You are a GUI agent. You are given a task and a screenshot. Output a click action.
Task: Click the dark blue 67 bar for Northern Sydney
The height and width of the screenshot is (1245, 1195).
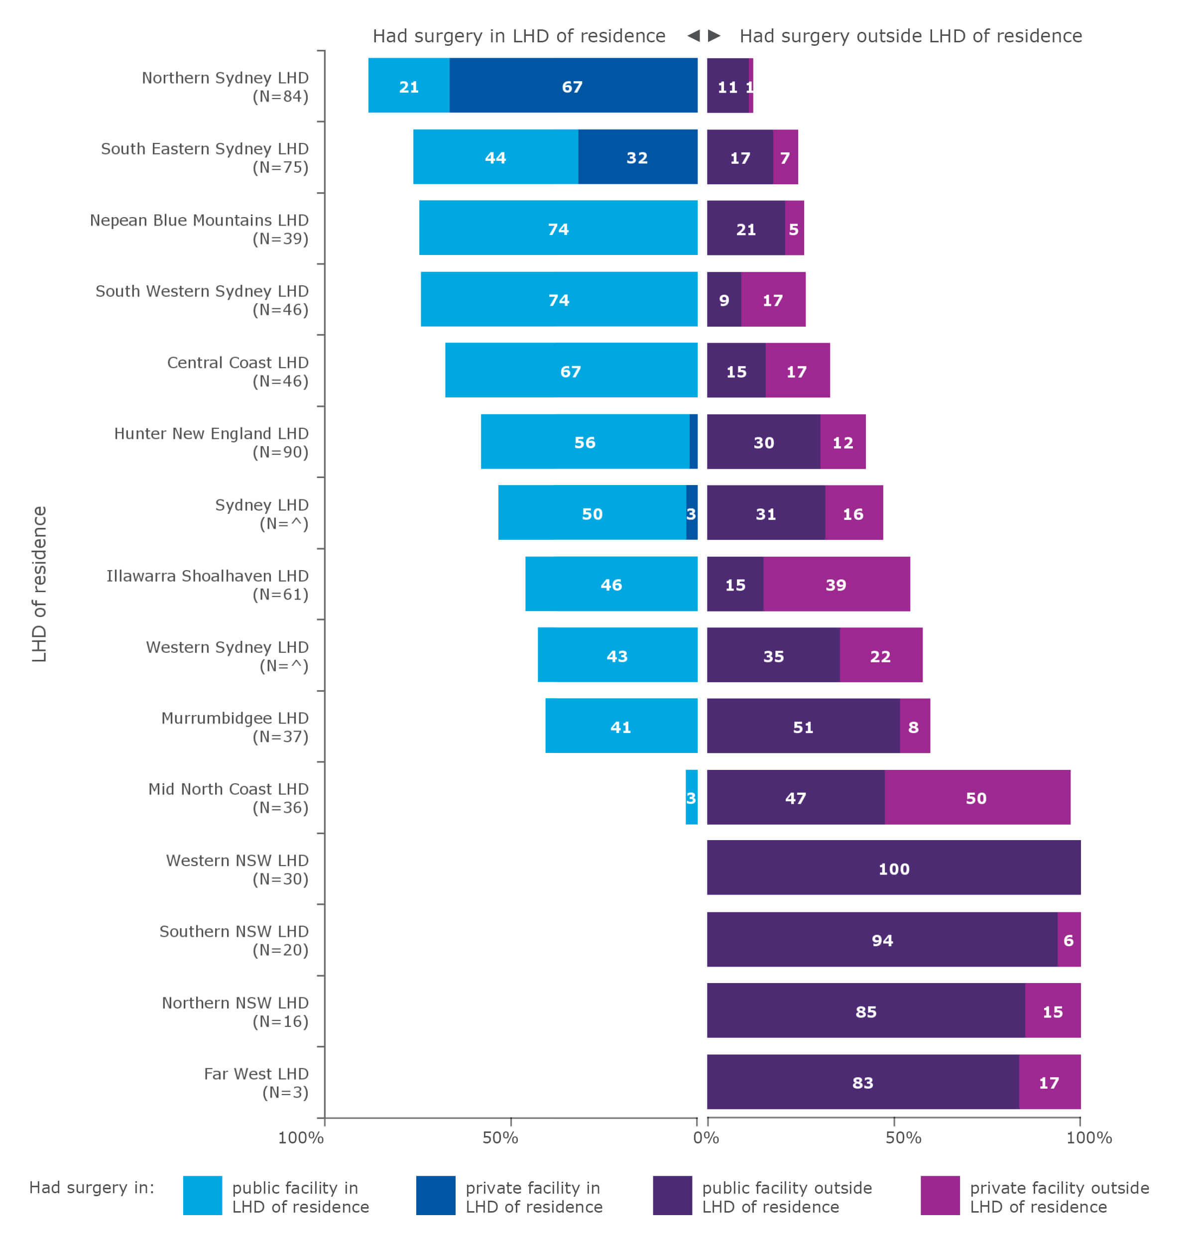tap(572, 86)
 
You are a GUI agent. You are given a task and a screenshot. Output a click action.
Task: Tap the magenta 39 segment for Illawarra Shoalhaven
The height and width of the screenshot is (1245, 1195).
tap(836, 584)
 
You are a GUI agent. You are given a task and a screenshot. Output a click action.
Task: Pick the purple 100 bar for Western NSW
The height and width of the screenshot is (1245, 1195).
tap(893, 867)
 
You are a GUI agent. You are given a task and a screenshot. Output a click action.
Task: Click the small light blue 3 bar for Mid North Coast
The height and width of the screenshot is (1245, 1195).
tap(691, 796)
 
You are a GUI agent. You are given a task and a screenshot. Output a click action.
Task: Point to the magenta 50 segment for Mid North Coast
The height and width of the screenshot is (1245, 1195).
tap(976, 796)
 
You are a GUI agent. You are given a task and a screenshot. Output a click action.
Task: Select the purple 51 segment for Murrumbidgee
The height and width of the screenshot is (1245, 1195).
tap(803, 726)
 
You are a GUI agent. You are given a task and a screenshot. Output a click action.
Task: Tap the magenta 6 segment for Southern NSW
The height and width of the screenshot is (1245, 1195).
tap(1068, 939)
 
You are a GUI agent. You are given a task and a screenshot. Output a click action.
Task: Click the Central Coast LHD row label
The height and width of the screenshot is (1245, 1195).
tap(238, 371)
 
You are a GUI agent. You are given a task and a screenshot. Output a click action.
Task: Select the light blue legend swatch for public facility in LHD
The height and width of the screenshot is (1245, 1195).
tap(202, 1195)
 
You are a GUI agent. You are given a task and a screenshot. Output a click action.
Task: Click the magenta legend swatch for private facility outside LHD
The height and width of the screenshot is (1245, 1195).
tap(939, 1195)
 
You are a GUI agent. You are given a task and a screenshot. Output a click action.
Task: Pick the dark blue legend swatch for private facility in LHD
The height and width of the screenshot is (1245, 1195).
tap(435, 1195)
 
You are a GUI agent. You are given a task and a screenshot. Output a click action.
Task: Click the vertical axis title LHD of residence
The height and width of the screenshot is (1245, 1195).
tap(39, 584)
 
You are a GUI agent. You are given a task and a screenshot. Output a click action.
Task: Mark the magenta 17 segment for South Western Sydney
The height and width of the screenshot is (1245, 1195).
tap(773, 299)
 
